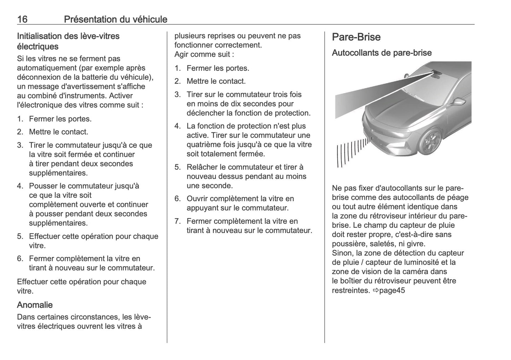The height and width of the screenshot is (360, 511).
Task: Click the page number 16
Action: [x=22, y=19]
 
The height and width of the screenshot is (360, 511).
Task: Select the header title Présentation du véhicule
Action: [x=115, y=19]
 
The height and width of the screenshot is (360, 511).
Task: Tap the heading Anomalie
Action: [x=35, y=305]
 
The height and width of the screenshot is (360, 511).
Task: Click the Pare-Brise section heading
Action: [x=356, y=37]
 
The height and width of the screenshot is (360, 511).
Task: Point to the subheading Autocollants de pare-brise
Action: [x=382, y=53]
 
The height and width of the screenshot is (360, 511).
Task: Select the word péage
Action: [x=457, y=197]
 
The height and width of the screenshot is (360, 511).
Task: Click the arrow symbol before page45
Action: [x=375, y=290]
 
